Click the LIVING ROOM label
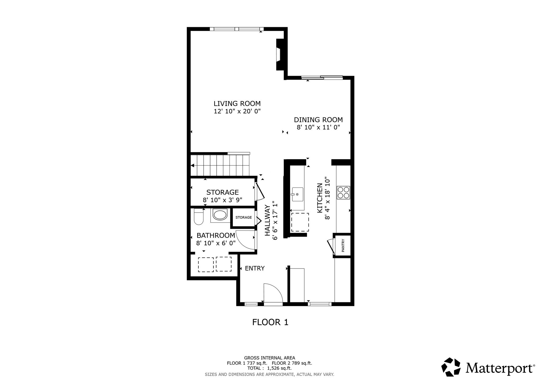pos(237,103)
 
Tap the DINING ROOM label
pos(318,120)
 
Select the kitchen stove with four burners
pos(343,193)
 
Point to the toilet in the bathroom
pos(198,217)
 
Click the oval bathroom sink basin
pos(220,215)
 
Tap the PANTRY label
pos(343,246)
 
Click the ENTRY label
pos(255,268)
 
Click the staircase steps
pos(220,165)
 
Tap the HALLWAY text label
pos(268,221)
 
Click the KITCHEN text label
pos(320,198)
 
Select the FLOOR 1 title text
pos(270,322)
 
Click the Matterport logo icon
pos(451,367)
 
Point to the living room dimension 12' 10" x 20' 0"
pos(237,111)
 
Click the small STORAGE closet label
pos(244,217)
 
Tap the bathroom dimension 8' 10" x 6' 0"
pos(216,243)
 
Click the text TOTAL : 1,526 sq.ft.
pos(269,368)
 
